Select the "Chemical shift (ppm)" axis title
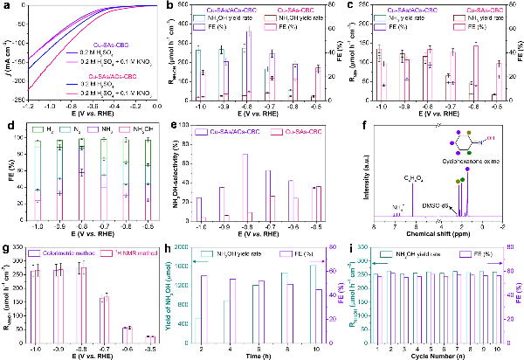pos(438,232)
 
